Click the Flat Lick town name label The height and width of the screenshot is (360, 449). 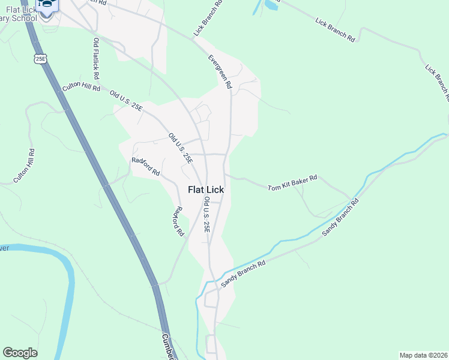[206, 190]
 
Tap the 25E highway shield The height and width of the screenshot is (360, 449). [40, 58]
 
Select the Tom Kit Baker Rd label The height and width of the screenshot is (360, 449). [292, 182]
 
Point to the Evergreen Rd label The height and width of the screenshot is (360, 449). [220, 72]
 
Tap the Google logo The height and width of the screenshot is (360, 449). [20, 353]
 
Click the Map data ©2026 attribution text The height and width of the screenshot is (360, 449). [423, 355]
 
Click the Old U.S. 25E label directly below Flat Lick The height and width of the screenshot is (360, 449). [206, 214]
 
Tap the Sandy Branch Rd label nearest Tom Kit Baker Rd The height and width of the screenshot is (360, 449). [340, 217]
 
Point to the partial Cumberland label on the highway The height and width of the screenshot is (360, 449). [168, 347]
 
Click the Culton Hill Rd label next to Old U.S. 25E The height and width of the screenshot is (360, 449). [81, 88]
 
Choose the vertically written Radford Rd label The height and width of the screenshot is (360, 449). [178, 222]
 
